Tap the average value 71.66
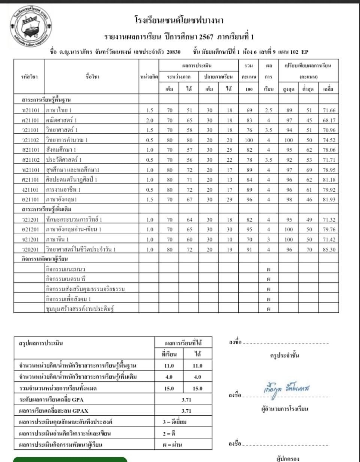[x=329, y=110]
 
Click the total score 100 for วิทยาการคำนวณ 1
[x=249, y=140]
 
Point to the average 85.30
[x=329, y=249]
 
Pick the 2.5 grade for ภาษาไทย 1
[x=268, y=110]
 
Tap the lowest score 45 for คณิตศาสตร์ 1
[x=309, y=120]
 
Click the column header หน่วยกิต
[x=149, y=77]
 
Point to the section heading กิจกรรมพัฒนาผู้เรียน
[x=45, y=259]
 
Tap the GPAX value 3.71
[x=186, y=411]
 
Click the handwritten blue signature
[x=287, y=389]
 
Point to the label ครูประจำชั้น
[x=284, y=356]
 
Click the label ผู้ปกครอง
[x=287, y=459]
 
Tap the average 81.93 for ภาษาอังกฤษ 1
[x=329, y=199]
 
